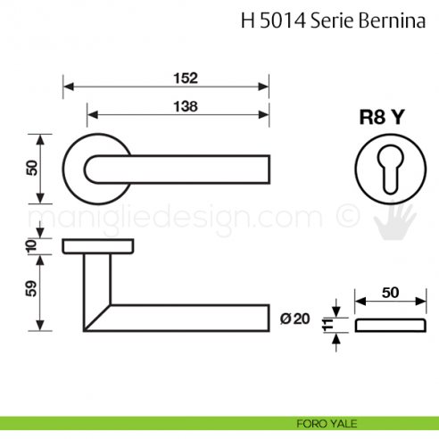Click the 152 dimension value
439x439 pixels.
point(186,79)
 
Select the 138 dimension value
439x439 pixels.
point(186,104)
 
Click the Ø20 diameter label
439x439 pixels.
point(294,319)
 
